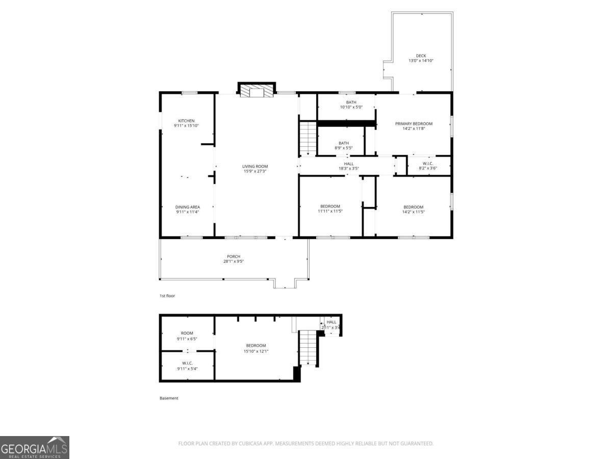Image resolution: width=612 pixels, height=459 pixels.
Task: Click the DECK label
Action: click(421, 56)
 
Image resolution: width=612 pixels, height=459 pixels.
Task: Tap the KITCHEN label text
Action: click(186, 121)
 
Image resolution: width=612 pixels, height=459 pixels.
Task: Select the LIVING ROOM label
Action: click(255, 166)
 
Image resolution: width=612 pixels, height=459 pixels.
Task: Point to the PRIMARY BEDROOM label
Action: click(414, 123)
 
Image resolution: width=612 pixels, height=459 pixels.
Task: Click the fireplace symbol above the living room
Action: click(257, 91)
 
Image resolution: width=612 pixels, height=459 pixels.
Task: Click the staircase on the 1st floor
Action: click(308, 138)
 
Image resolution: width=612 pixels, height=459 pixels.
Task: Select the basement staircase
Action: click(308, 347)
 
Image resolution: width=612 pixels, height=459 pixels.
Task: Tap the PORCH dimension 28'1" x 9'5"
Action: click(234, 262)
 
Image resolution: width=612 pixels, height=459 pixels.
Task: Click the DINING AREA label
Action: click(187, 207)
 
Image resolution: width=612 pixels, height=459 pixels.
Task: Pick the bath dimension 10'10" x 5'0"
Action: click(351, 107)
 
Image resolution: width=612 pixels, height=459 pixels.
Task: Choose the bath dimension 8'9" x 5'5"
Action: click(344, 148)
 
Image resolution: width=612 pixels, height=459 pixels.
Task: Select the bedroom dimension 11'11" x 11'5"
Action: click(330, 211)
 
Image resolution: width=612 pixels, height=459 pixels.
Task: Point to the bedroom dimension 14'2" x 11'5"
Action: click(414, 212)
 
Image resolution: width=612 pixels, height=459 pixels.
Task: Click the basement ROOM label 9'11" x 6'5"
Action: click(187, 333)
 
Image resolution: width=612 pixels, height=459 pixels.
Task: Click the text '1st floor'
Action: click(168, 295)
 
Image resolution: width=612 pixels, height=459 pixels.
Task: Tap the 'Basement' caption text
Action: click(169, 398)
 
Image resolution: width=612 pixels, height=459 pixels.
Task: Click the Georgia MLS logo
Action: click(34, 447)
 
